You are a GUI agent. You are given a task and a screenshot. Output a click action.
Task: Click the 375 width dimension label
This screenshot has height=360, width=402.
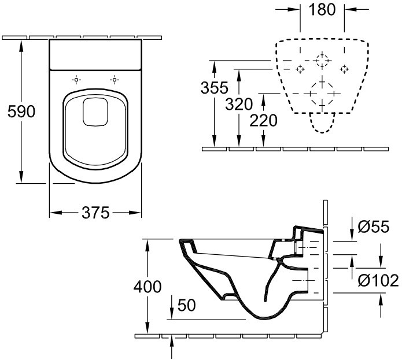(x=95, y=213)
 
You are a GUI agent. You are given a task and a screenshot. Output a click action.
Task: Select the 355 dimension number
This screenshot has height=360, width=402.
(x=215, y=88)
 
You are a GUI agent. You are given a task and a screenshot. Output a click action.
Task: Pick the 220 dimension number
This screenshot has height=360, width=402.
(x=264, y=120)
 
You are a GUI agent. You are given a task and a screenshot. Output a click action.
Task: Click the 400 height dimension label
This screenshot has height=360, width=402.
(x=147, y=286)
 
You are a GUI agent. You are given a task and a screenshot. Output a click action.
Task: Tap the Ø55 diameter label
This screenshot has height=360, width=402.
(x=374, y=227)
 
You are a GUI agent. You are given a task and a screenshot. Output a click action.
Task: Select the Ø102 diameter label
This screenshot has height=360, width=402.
(x=378, y=281)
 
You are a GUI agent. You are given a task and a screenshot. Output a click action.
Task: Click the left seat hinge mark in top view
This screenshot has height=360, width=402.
(x=76, y=79)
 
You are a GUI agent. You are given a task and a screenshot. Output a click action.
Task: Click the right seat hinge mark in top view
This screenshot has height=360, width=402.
(x=115, y=79)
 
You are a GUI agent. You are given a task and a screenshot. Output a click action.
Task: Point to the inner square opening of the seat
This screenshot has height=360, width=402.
(x=95, y=111)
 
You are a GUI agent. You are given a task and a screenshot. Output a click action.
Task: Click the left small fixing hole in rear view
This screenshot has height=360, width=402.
(x=300, y=69)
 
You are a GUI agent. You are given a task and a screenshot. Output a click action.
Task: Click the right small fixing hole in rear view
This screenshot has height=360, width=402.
(x=344, y=69)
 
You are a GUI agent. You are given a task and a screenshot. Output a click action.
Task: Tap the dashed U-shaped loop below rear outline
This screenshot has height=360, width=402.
(x=322, y=122)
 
